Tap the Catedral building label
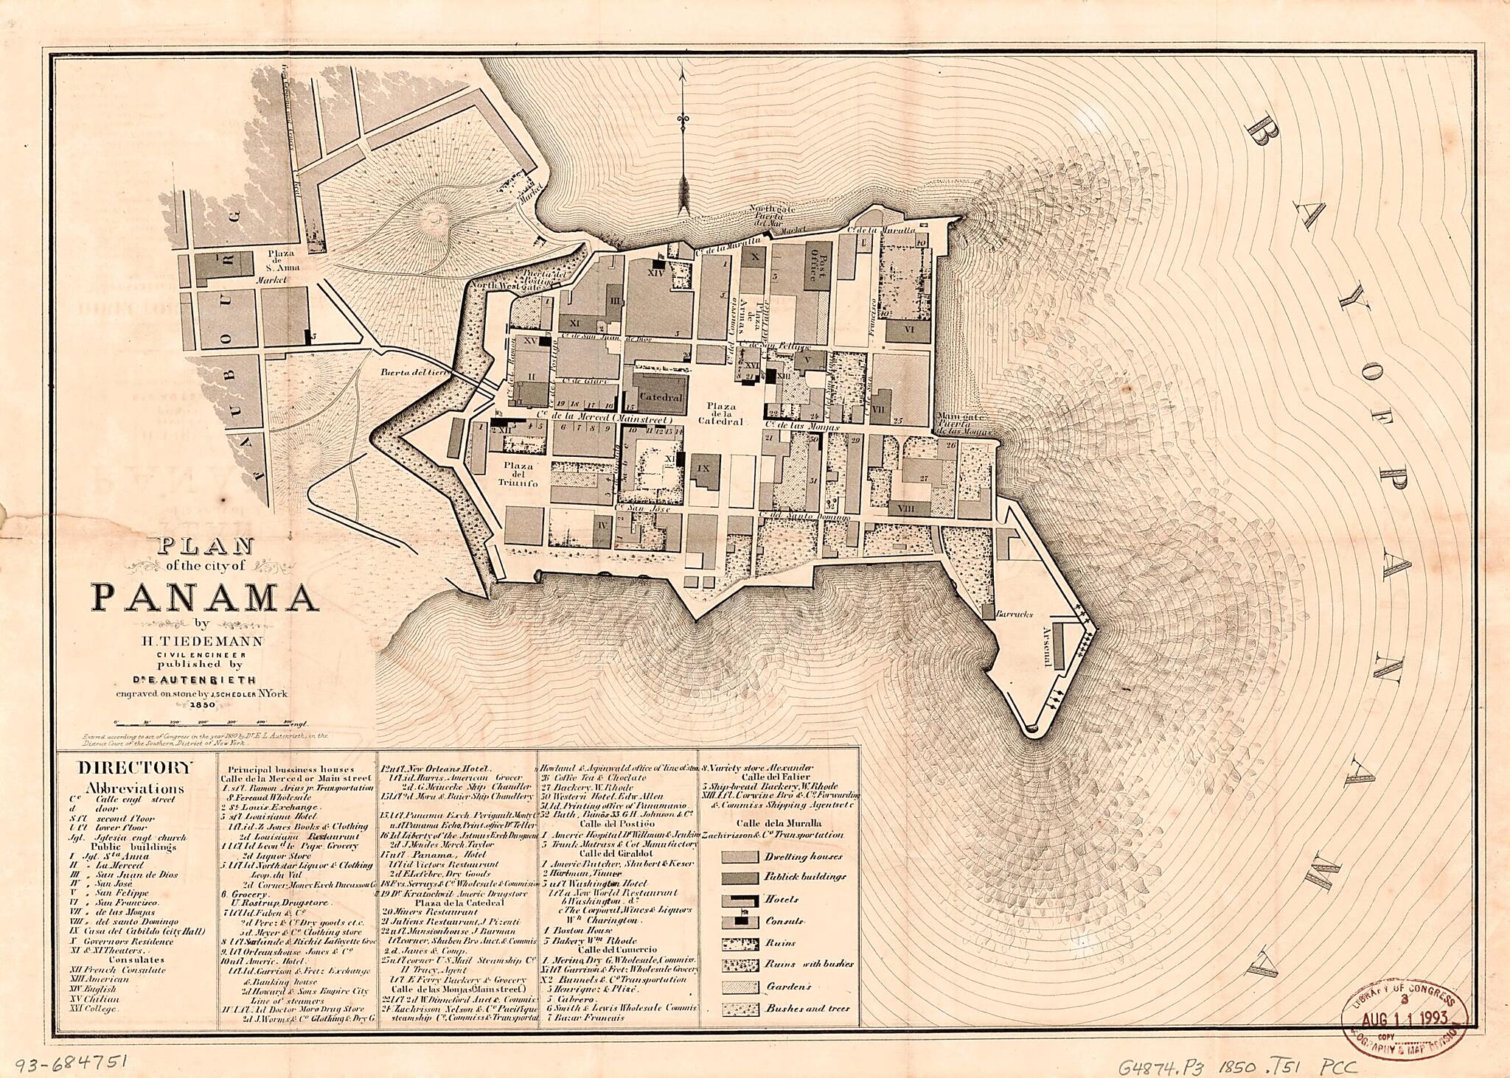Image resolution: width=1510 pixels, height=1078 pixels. tap(661, 396)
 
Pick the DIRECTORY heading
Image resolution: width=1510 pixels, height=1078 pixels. tap(136, 767)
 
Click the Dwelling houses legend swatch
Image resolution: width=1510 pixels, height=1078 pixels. tap(740, 856)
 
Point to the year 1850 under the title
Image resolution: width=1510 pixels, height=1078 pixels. tap(202, 704)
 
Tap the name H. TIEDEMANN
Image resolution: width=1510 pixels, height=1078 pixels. tap(202, 641)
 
